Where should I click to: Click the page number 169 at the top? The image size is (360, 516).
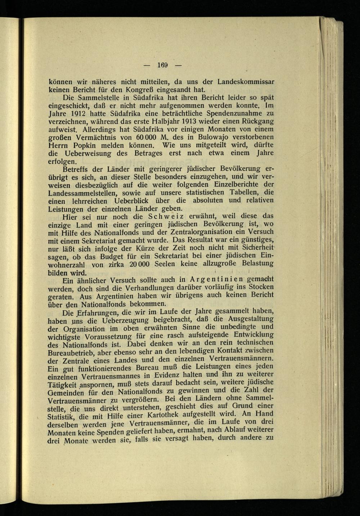coord(163,65)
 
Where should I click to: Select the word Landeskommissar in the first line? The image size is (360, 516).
coord(245,81)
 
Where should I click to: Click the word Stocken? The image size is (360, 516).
coord(259,287)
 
